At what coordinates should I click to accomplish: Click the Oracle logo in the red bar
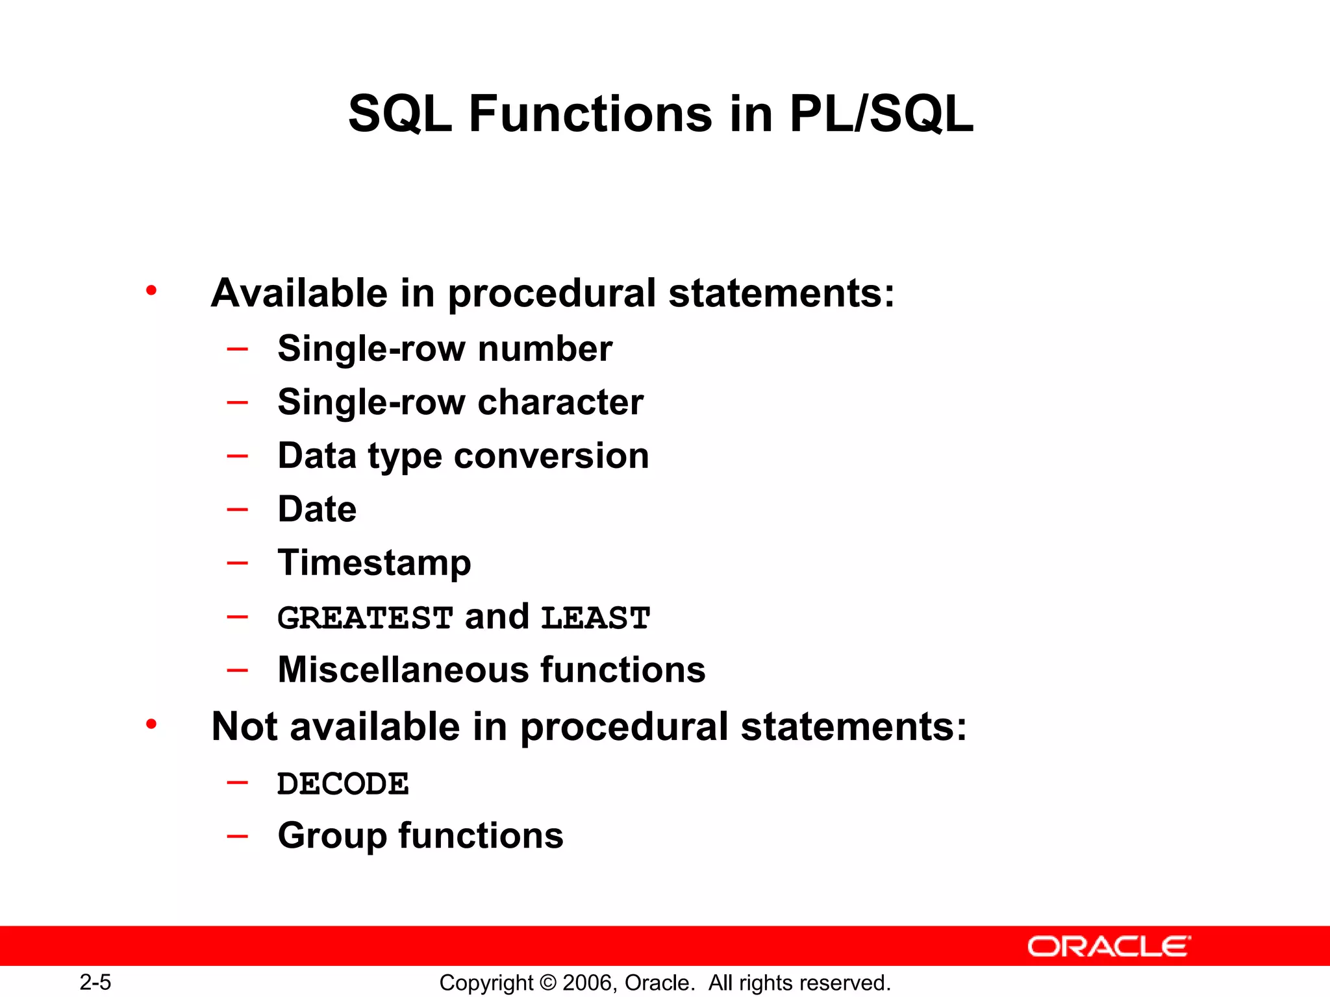coord(1109,946)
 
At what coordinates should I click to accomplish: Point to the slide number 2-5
coord(95,982)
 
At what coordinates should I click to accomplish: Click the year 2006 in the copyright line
coord(588,983)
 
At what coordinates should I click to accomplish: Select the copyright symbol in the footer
coord(548,983)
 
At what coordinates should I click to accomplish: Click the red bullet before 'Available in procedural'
coord(151,291)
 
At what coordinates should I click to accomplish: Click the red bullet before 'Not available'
coord(151,724)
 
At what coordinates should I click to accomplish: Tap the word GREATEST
coord(365,617)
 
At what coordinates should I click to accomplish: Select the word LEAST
coord(595,617)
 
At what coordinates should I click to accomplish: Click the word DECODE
coord(343,783)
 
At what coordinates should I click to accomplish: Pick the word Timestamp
coord(374,563)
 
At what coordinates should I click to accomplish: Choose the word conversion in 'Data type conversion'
coord(551,456)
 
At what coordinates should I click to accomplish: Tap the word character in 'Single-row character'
coord(560,402)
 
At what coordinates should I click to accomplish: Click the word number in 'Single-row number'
coord(545,349)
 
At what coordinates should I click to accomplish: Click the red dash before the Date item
coord(238,509)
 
